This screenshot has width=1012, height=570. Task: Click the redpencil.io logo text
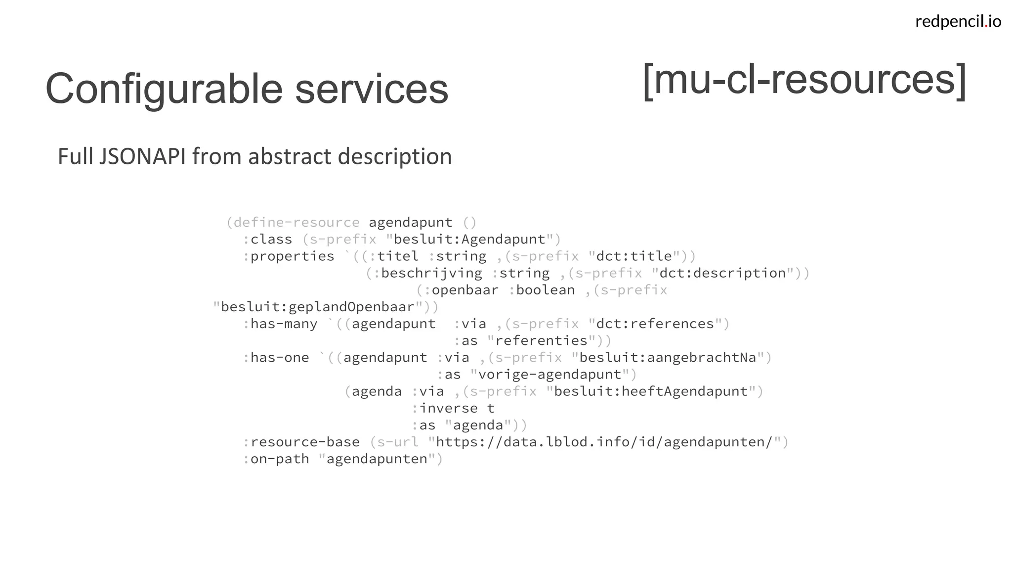[958, 21]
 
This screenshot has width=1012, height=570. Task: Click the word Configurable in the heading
[164, 89]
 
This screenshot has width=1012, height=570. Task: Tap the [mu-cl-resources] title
[804, 80]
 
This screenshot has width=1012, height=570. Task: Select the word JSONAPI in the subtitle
[143, 156]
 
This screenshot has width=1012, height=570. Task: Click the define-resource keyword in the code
[296, 222]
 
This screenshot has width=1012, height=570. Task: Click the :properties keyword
[289, 256]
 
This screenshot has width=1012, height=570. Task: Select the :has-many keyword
[280, 324]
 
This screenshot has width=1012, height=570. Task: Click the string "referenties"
[541, 341]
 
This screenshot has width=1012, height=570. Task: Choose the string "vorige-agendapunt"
[549, 375]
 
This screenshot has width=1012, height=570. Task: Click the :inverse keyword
[445, 408]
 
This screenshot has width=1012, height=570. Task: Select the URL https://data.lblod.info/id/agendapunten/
[604, 442]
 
